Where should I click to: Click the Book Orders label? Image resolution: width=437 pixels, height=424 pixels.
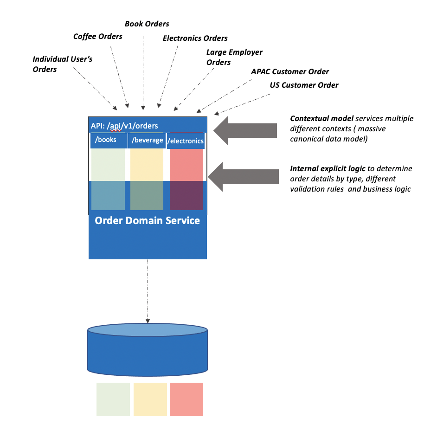[147, 24]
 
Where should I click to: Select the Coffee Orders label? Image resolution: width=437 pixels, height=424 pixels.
[98, 36]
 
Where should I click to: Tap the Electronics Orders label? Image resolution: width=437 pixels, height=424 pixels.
[195, 38]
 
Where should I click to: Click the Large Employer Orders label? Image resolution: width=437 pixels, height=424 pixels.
[234, 57]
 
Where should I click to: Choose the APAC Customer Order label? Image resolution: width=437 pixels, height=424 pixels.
[290, 71]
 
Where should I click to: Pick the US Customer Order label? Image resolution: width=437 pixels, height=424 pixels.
[304, 85]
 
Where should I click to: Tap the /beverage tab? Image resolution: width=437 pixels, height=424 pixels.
[147, 140]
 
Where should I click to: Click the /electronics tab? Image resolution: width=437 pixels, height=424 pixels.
[186, 141]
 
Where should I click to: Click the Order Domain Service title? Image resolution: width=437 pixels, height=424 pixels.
[147, 220]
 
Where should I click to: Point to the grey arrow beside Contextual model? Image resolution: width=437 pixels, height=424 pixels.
[246, 128]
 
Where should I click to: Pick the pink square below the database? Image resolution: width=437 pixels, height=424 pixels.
[186, 399]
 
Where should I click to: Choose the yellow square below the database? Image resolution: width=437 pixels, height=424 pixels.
[150, 399]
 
